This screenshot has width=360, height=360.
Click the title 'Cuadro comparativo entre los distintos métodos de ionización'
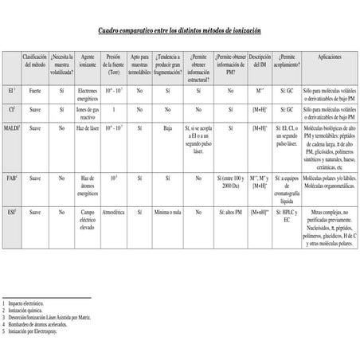pos(179,30)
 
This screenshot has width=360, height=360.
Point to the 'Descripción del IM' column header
pos(260,62)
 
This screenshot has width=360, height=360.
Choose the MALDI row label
pos(12,127)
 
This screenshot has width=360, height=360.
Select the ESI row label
pos(11,213)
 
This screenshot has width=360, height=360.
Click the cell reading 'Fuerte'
pos(35,92)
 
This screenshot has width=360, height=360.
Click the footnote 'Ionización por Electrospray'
pos(37,329)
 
